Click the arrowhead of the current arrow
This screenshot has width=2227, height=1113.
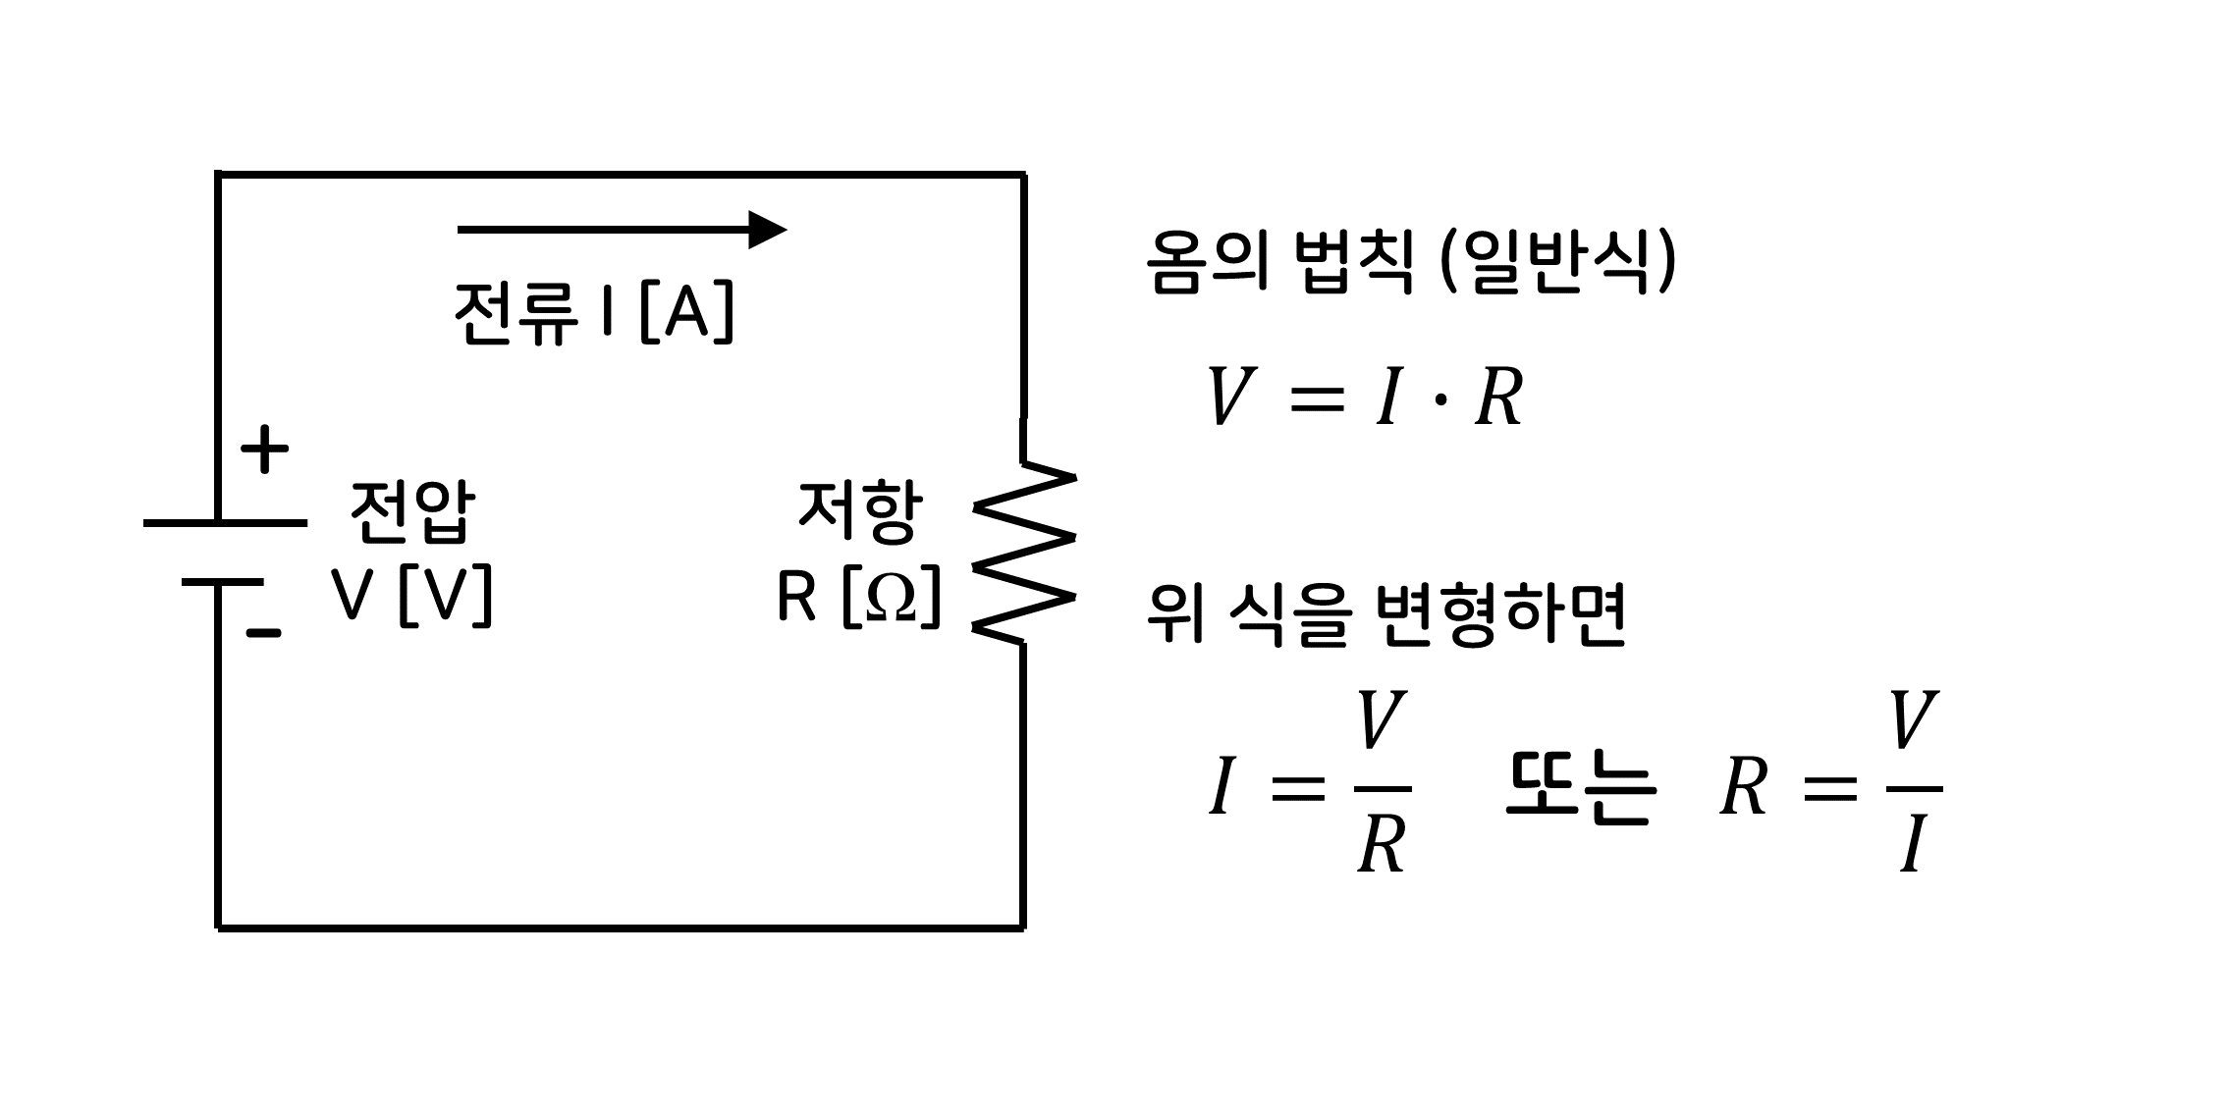tap(767, 230)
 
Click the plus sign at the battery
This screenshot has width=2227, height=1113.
tap(264, 451)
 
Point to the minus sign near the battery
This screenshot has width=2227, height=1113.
tap(263, 633)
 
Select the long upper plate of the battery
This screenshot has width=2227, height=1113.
tap(225, 523)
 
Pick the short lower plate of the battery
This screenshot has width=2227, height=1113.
tap(222, 583)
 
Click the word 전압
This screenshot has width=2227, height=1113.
tap(412, 511)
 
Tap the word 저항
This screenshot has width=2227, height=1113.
tap(860, 511)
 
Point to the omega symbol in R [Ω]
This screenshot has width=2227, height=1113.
tap(892, 596)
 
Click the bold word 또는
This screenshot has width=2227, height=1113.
tap(1581, 789)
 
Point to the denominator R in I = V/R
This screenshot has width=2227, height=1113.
tap(1382, 845)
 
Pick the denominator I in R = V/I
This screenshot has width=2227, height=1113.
tap(1912, 847)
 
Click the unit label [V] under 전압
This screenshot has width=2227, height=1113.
tap(446, 596)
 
